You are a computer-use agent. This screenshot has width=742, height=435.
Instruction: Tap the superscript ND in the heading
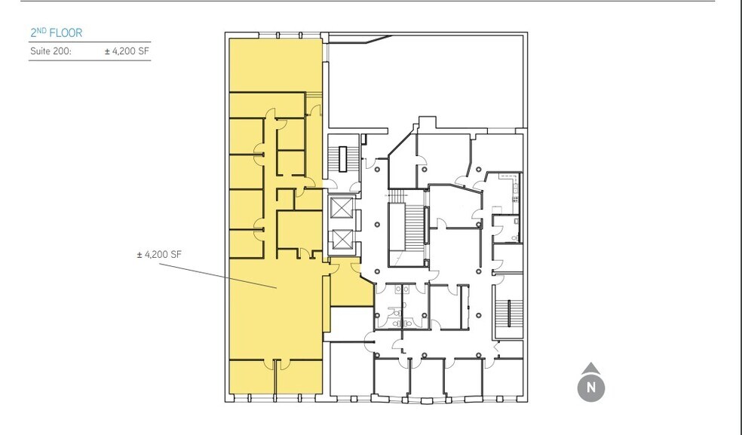tap(41, 30)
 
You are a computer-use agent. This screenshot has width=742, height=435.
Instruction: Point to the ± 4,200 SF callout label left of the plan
tap(159, 255)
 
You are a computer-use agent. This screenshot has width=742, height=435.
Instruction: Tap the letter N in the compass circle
tap(592, 389)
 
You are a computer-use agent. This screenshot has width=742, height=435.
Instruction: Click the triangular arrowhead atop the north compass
tap(592, 369)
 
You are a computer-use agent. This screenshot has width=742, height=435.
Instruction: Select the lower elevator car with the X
tap(342, 240)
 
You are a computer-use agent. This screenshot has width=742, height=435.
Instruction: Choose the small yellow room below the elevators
tap(349, 286)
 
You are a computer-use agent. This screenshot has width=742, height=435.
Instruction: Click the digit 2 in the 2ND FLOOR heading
tap(34, 33)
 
